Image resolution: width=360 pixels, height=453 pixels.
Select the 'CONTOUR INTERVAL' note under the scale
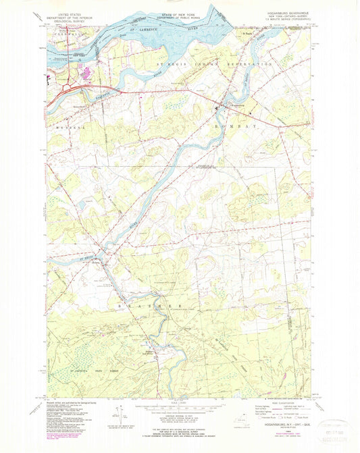[178, 419]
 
